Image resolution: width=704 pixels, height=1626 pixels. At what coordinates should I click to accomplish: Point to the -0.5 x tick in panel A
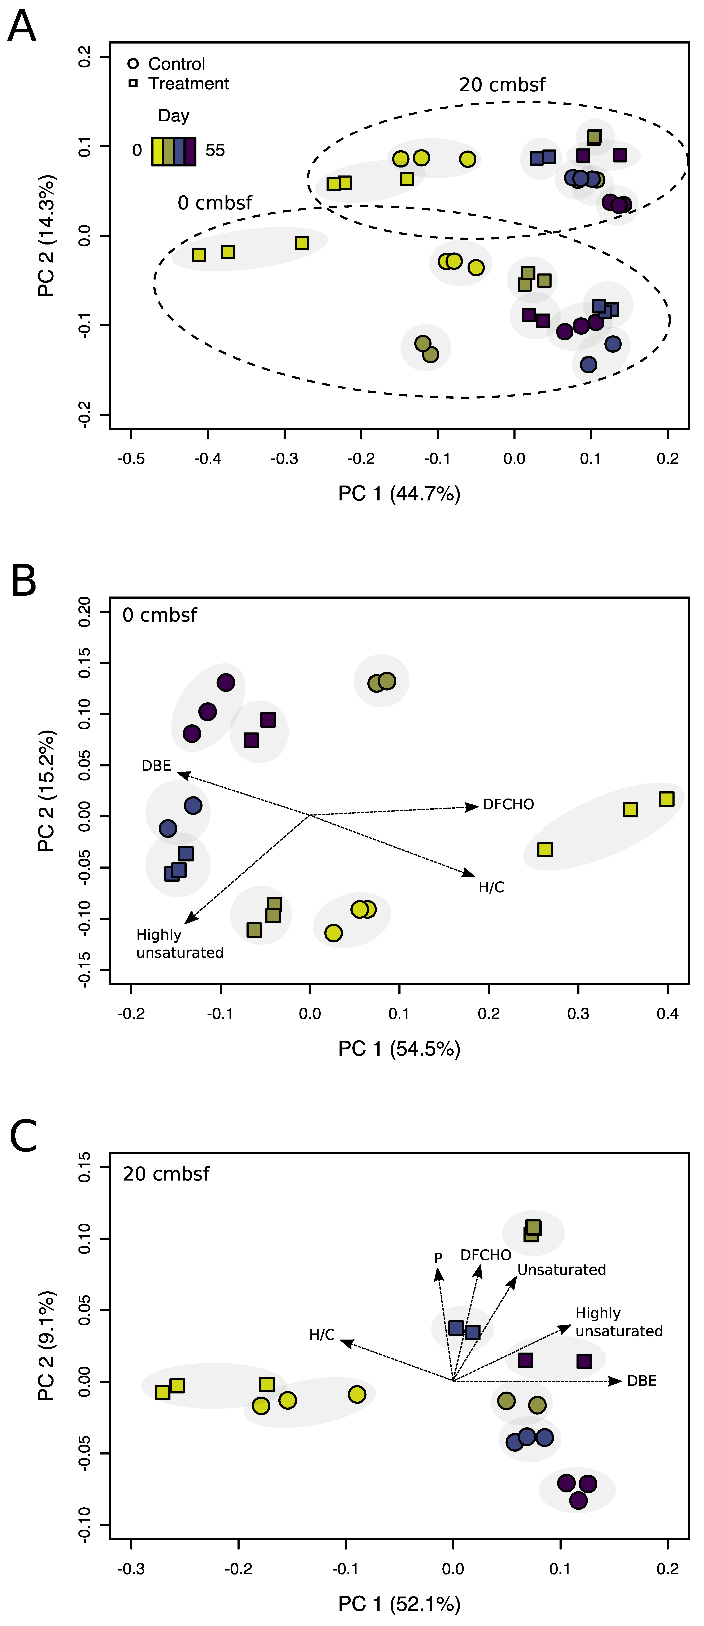(131, 458)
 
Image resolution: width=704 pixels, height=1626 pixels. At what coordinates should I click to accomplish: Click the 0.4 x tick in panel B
(667, 1014)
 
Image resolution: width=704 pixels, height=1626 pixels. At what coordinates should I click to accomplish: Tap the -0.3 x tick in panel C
(131, 1569)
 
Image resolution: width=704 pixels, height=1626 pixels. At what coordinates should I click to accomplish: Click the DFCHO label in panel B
(508, 804)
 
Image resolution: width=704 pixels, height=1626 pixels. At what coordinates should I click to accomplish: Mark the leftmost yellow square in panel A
(199, 255)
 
